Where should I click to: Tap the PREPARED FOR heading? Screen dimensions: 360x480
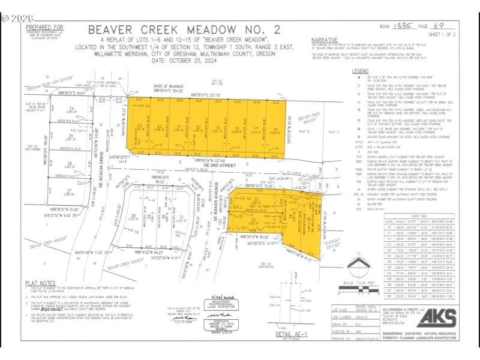pyautogui.click(x=45, y=27)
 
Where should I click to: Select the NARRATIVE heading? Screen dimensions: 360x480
pyautogui.click(x=325, y=40)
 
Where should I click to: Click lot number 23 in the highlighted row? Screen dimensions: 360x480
pyautogui.click(x=139, y=125)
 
